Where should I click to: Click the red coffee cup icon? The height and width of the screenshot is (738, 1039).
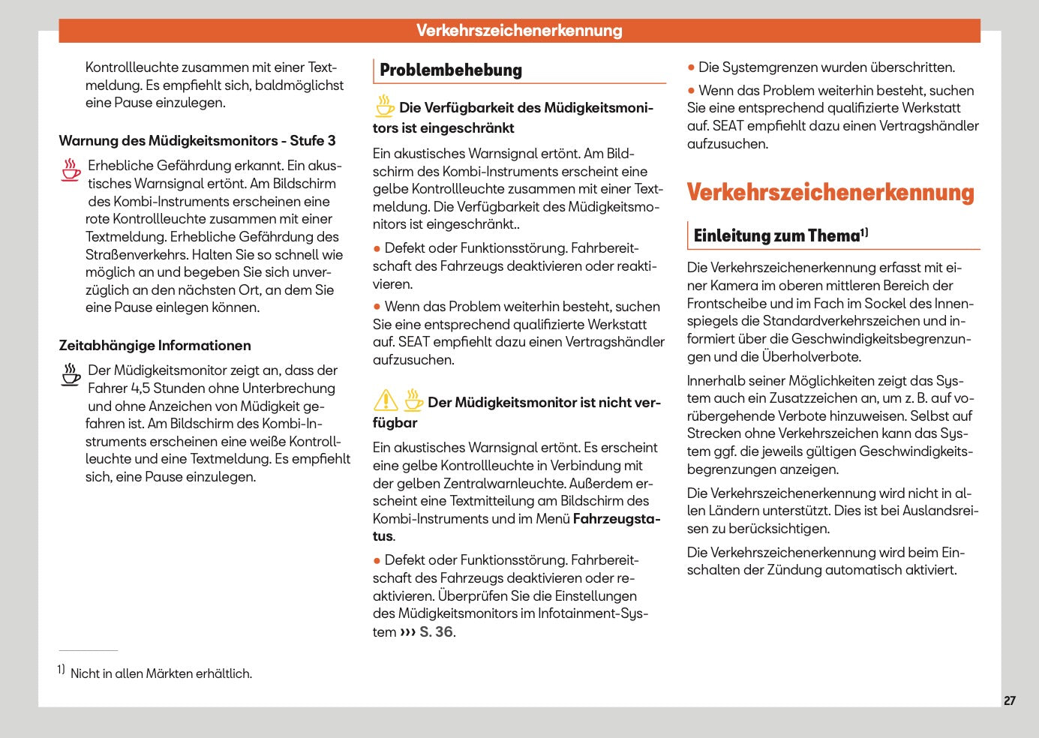pos(71,169)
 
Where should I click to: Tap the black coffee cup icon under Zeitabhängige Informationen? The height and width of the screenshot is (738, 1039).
pos(71,374)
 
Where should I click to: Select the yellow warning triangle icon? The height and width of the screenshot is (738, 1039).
pos(386,400)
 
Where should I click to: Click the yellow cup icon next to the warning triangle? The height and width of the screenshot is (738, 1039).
pos(413,400)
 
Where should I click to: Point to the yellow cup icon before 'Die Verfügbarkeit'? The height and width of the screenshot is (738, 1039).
pos(385,106)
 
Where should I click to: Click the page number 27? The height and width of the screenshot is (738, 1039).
pos(1009,700)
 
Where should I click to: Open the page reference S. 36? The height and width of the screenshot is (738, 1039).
pos(436,632)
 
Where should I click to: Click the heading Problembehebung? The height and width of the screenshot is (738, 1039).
pos(450,70)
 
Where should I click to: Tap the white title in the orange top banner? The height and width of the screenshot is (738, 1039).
pos(519,31)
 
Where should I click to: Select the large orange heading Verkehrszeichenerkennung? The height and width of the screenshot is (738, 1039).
pos(830,193)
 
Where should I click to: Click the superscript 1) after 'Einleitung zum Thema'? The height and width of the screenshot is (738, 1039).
pos(864,232)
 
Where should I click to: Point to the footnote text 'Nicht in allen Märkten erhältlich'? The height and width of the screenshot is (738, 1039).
pos(161,673)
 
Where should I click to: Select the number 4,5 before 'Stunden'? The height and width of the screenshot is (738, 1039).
pos(140,388)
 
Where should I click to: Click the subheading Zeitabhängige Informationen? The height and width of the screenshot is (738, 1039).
pos(155,346)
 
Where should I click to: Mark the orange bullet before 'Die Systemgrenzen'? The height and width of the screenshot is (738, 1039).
pos(691,67)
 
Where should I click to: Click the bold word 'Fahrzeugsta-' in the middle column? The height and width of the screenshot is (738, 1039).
pos(616,519)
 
